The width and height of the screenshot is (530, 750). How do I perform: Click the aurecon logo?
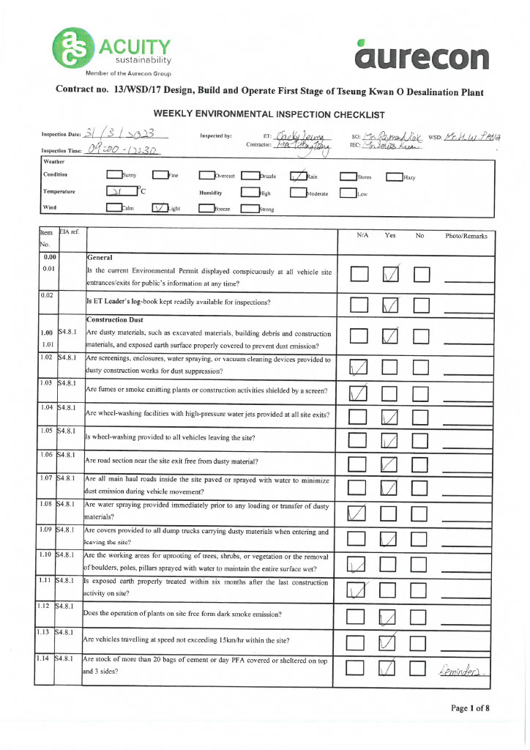[x=422, y=55]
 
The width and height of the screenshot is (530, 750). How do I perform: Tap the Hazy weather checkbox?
[x=394, y=176]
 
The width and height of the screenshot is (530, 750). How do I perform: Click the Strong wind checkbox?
[x=250, y=208]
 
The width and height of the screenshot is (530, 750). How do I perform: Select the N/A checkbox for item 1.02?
[x=359, y=366]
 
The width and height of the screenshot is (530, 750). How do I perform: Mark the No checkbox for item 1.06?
[x=420, y=464]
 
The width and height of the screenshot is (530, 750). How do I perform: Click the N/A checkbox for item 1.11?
[x=359, y=589]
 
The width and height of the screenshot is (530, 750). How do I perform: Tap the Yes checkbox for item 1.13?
[x=390, y=643]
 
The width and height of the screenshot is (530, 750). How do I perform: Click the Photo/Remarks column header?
[x=466, y=236]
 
